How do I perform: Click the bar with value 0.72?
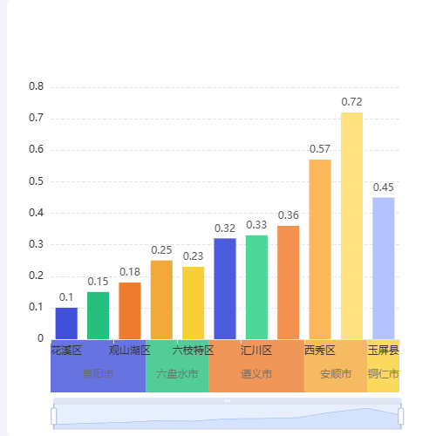351,225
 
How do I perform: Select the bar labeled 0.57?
320,249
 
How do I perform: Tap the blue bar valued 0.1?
66,323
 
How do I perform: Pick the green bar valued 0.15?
99,315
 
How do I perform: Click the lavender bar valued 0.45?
384,268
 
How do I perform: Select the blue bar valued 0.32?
225,288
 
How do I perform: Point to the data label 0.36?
289,215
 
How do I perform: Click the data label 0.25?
161,250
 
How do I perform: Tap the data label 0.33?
256,225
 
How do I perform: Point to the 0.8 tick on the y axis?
36,86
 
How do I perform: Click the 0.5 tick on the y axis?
36,181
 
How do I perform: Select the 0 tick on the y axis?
39,338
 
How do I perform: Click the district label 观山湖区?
130,351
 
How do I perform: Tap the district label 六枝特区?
193,351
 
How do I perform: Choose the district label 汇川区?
256,351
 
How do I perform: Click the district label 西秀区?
320,351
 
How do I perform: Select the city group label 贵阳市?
99,374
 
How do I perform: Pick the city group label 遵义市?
256,374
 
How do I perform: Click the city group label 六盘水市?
177,374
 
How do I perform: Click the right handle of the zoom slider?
401,416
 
